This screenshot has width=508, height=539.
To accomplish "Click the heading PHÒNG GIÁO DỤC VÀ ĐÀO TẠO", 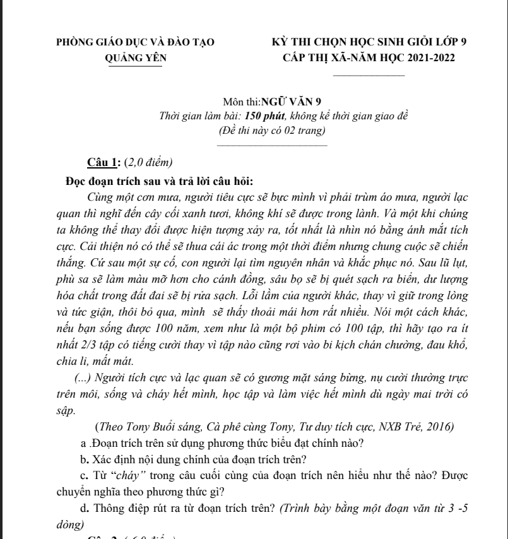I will (135, 43).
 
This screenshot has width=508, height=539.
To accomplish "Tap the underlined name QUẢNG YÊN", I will (136, 59).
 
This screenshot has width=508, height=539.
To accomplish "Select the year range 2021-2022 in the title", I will (427, 59).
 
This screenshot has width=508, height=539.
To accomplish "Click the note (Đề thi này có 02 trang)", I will (271, 131).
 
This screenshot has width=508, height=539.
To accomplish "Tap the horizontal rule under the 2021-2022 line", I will (369, 75).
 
